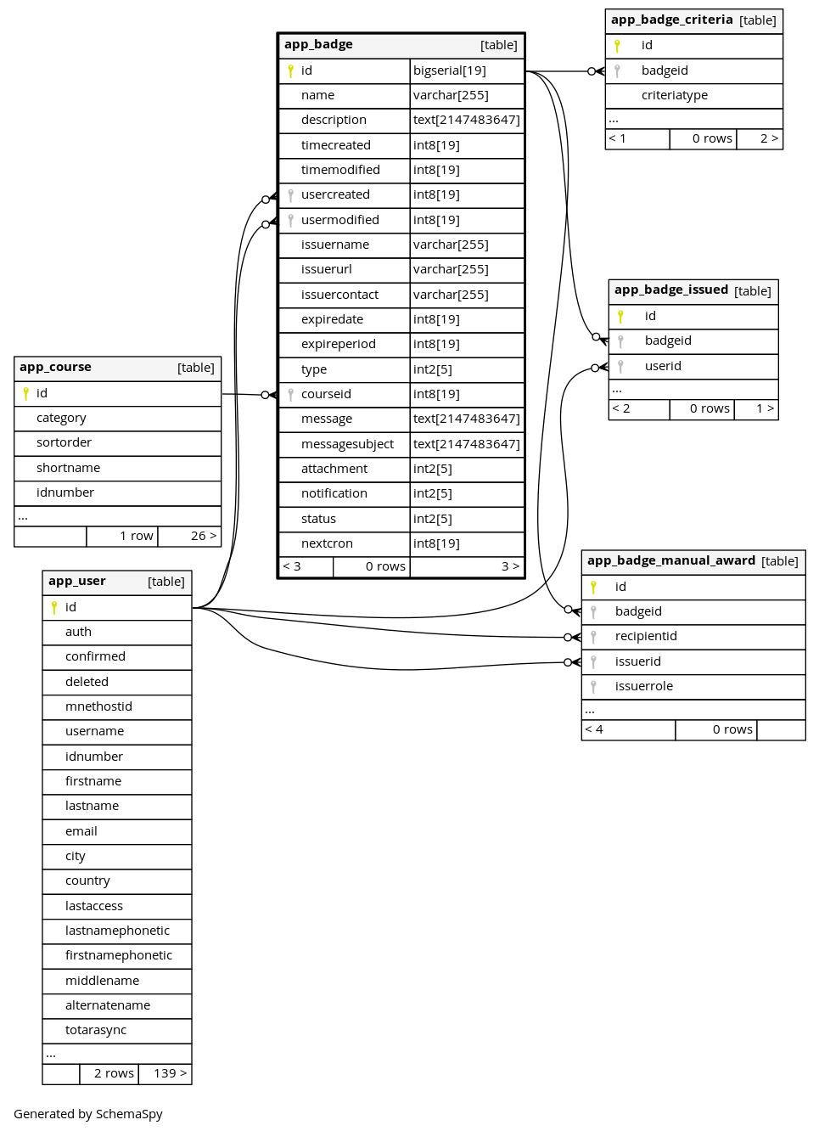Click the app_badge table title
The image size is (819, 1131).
(x=318, y=44)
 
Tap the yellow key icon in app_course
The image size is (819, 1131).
(x=25, y=394)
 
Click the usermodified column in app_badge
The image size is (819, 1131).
(x=339, y=220)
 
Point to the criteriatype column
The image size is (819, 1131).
(x=674, y=95)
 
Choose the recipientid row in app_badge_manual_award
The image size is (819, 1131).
(x=693, y=637)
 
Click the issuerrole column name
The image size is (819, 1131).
(x=643, y=686)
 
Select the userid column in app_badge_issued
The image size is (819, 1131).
(x=663, y=366)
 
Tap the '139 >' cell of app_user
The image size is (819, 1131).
(x=170, y=1073)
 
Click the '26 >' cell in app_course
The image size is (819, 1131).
(x=204, y=536)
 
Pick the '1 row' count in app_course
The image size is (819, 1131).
(x=137, y=536)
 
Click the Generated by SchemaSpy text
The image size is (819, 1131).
(x=87, y=1114)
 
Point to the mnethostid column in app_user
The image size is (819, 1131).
(x=98, y=706)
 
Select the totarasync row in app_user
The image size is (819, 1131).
(x=117, y=1030)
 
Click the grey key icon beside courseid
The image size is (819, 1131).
(x=290, y=395)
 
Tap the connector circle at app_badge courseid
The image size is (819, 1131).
(x=266, y=395)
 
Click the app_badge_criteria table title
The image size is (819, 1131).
(x=671, y=20)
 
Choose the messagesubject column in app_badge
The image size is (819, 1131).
(x=347, y=444)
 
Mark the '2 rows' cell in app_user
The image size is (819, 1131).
(x=114, y=1073)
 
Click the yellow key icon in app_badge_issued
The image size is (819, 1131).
(x=620, y=317)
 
